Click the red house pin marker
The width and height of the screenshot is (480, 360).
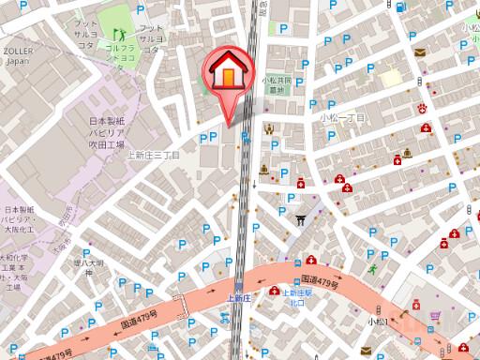click(228, 73)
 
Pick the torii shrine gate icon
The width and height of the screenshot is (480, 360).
click(300, 221)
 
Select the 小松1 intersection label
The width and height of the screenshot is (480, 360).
click(378, 322)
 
